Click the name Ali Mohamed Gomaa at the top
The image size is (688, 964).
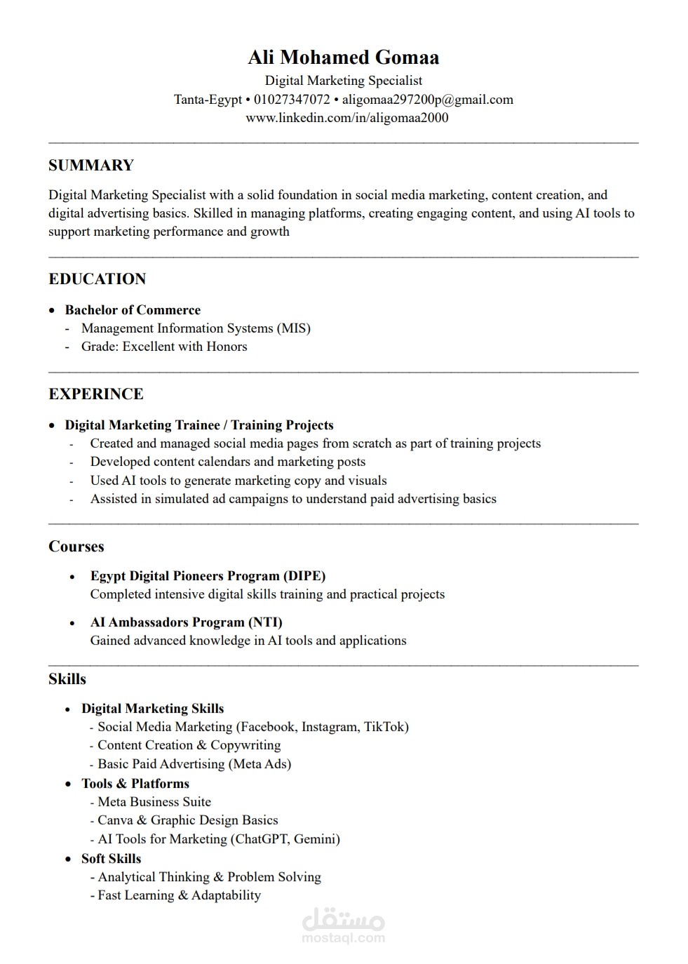click(343, 58)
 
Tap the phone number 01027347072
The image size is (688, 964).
click(292, 100)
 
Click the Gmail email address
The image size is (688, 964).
click(427, 100)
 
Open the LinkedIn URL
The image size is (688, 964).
click(346, 118)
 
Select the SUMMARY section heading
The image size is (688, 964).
click(91, 166)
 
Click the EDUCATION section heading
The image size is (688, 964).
click(97, 279)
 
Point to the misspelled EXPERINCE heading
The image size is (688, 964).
click(95, 394)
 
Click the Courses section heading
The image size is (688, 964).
click(76, 547)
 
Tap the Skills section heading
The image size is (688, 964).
click(67, 679)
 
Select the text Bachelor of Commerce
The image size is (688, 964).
click(133, 310)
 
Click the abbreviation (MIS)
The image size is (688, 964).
click(293, 328)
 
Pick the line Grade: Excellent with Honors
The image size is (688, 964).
click(164, 347)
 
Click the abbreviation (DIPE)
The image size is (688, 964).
click(304, 576)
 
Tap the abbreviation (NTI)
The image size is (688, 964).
click(265, 622)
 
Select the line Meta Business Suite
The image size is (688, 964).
click(154, 802)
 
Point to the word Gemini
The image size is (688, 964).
click(316, 839)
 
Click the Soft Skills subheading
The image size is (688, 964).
click(111, 859)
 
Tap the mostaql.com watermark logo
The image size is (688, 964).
click(343, 928)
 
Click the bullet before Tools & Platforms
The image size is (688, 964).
click(68, 784)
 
